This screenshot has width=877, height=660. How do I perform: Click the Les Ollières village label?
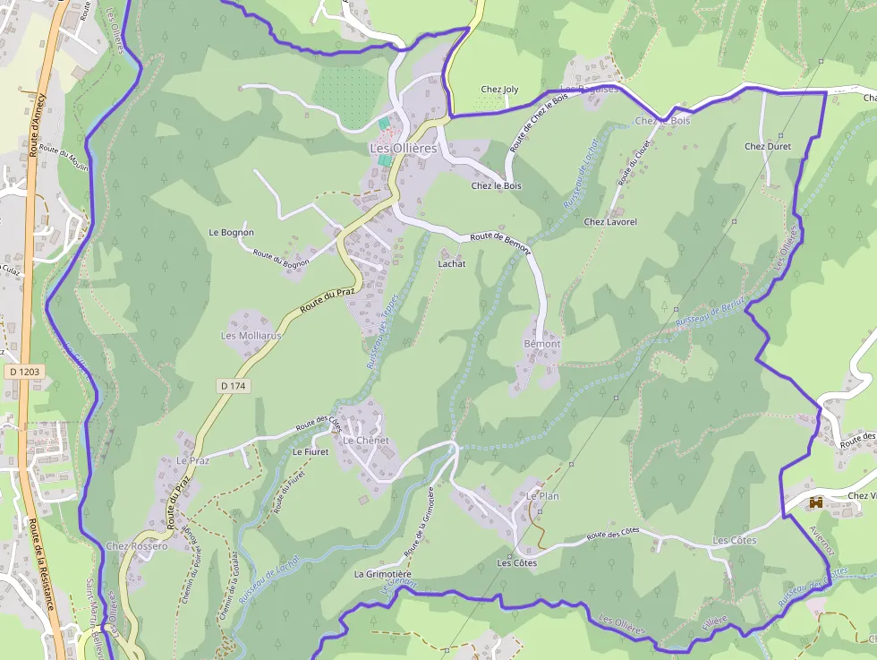coord(403,148)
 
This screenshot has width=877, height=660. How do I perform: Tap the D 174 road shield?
coord(233,386)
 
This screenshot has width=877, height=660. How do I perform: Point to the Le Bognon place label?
coord(231,233)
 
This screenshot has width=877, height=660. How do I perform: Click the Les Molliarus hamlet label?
coord(251,336)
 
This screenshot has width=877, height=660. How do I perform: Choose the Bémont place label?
coord(541,344)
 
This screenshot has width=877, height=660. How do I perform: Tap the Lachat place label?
coord(452,265)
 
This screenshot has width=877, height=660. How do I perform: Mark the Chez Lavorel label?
coord(610,221)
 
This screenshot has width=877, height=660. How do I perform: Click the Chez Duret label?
coord(768,146)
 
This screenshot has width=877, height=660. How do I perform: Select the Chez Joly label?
coord(499,90)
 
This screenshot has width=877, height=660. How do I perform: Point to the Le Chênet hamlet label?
coord(366,441)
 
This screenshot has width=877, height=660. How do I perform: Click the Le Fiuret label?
coord(311,452)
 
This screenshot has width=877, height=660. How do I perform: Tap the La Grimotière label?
coord(382,574)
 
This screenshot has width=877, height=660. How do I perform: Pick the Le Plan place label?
coord(542,495)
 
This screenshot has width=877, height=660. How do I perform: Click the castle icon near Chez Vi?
coord(815,503)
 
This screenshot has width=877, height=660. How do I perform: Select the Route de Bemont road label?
coord(500,243)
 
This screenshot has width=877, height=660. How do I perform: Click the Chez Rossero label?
coord(136,546)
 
